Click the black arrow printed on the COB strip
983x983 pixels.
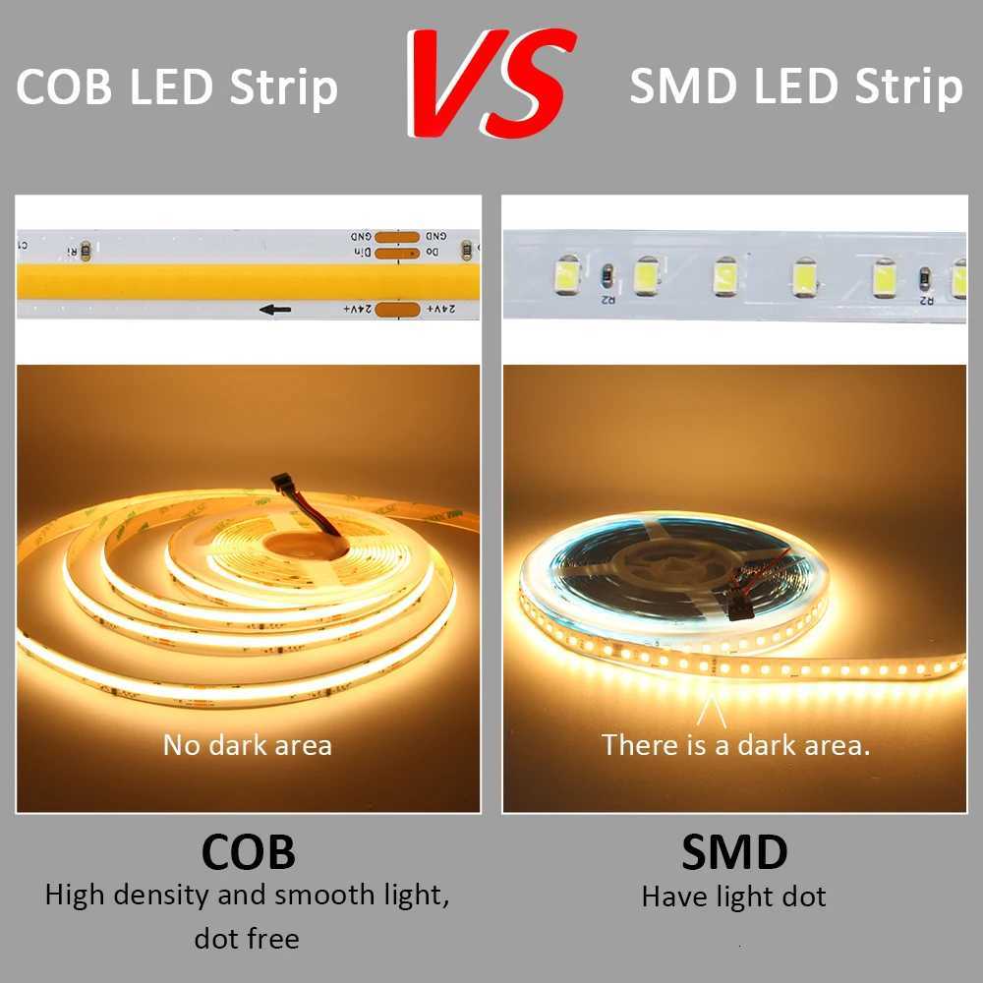click(275, 311)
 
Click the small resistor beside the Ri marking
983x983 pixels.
click(86, 252)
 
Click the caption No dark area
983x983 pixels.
click(248, 745)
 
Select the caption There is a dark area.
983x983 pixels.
click(736, 745)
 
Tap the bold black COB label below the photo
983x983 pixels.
click(248, 851)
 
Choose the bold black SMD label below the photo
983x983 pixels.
click(734, 851)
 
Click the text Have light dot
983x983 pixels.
click(734, 896)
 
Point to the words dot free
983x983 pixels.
click(247, 939)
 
